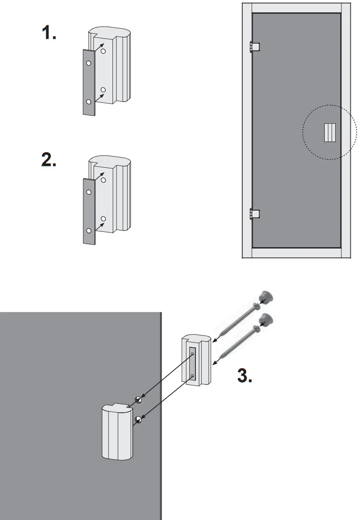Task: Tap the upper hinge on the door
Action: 255,46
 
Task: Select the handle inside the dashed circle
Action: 329,132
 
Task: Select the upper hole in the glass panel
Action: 139,399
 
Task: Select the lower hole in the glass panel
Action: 139,418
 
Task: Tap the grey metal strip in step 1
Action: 89,82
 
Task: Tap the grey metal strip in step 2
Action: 89,211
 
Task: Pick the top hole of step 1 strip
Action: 89,64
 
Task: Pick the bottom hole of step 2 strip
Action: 89,230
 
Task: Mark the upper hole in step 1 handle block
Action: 104,52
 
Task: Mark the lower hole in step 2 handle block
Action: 104,219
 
